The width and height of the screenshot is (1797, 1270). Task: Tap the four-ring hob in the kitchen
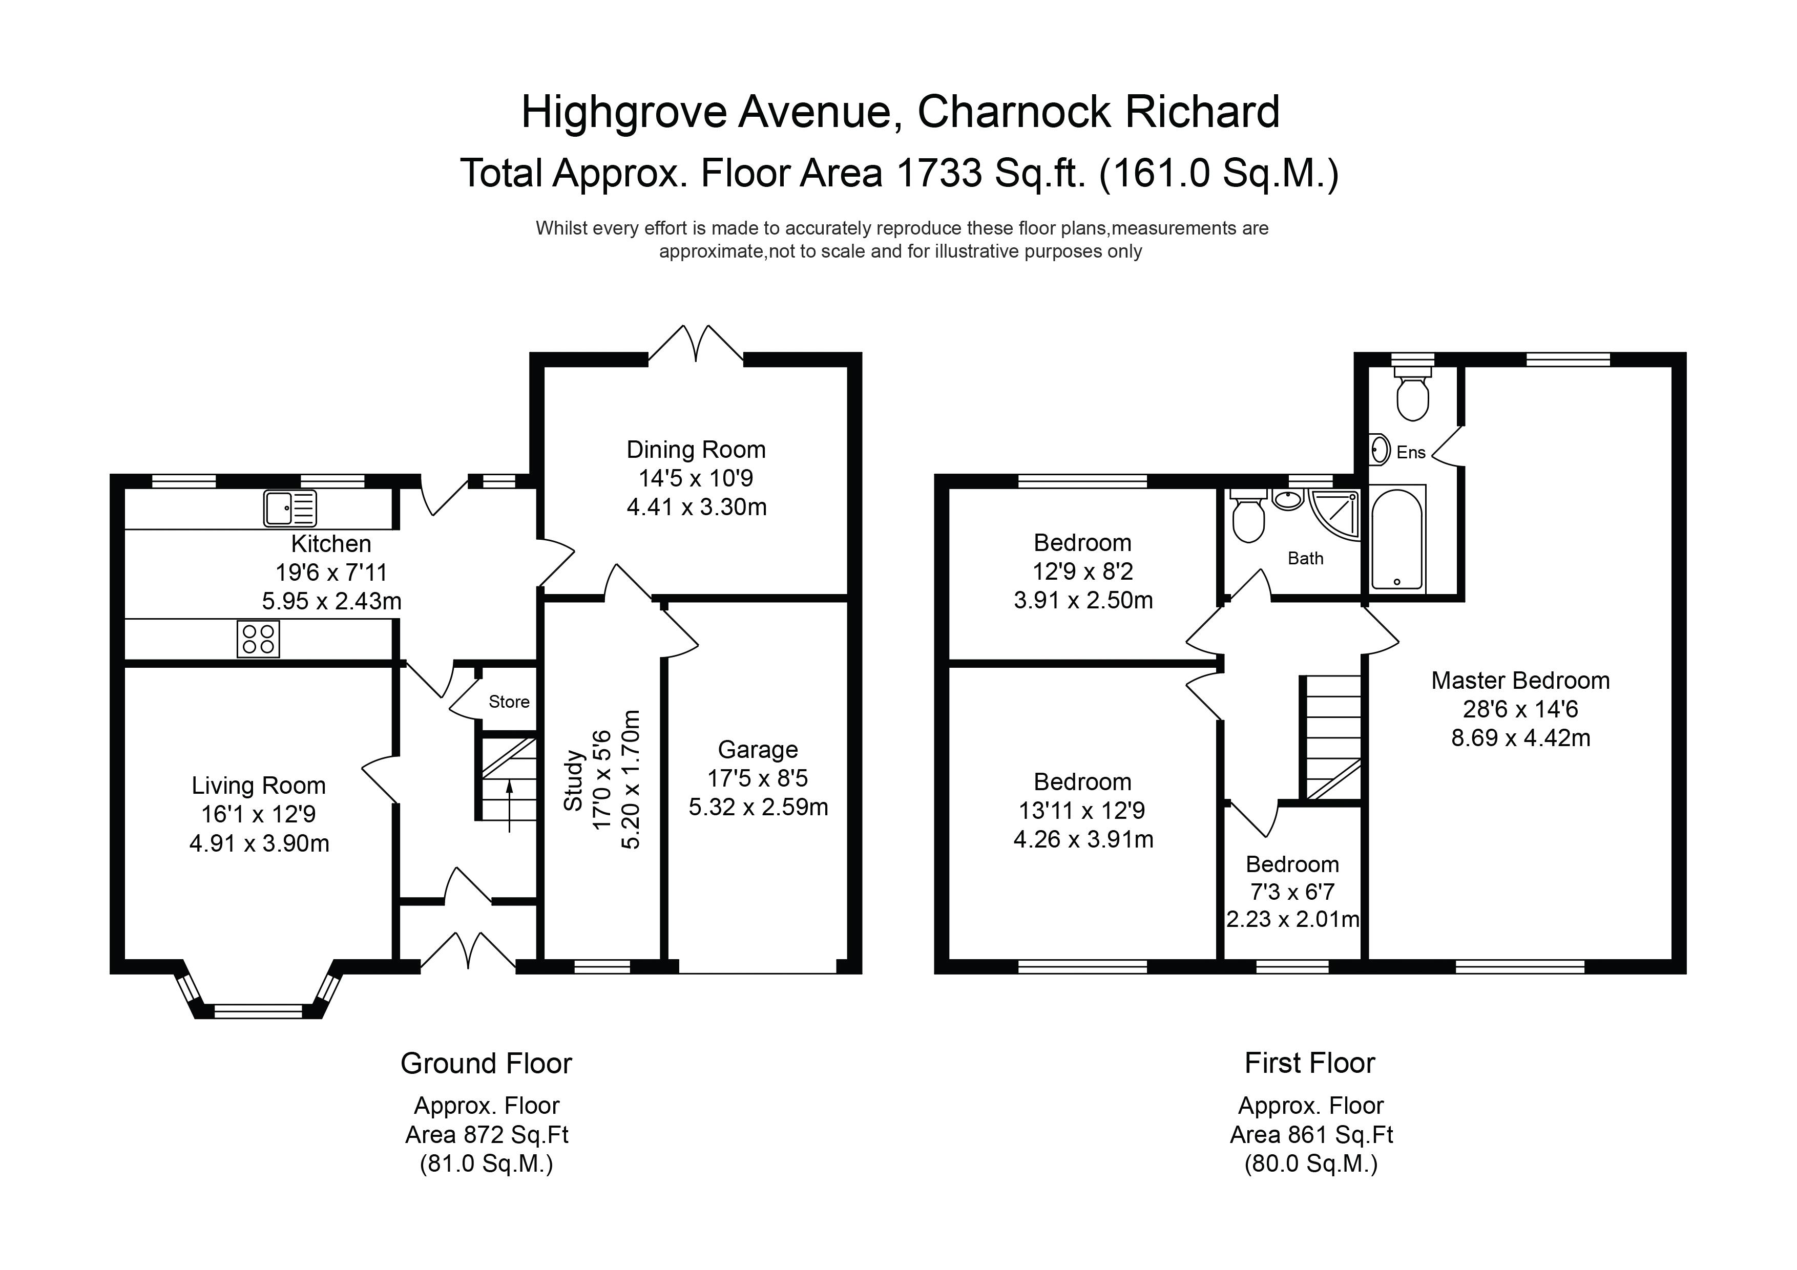click(x=258, y=639)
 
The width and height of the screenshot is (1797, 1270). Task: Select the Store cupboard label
click(x=509, y=702)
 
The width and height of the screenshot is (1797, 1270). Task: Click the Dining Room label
click(x=696, y=450)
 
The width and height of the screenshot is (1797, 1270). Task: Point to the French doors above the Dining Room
click(x=696, y=344)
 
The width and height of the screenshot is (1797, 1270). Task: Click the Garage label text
click(x=758, y=750)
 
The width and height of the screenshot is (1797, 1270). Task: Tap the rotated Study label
click(x=574, y=780)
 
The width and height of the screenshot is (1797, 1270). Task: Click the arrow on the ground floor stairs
click(x=510, y=806)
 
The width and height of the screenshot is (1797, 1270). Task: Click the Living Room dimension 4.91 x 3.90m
click(x=259, y=843)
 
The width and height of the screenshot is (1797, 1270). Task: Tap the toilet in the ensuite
click(x=1413, y=394)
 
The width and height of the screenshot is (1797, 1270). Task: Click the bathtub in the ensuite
click(x=1397, y=538)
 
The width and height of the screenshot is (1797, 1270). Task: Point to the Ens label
click(x=1411, y=452)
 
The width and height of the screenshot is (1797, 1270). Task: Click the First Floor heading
click(x=1310, y=1064)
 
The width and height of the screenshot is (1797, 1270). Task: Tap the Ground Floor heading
click(x=486, y=1064)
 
